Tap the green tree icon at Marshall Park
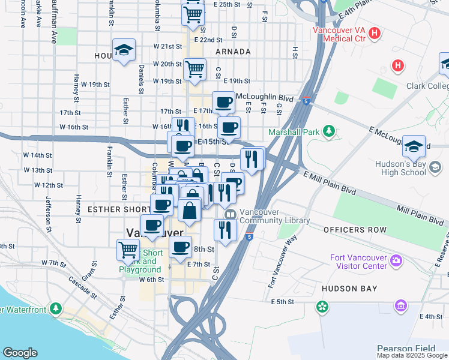tap(328, 131)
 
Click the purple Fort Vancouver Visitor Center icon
tap(395, 260)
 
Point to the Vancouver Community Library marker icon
tap(229, 214)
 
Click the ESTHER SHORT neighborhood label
tap(117, 209)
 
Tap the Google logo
tap(20, 353)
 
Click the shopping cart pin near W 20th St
tap(194, 70)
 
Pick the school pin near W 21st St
tap(124, 50)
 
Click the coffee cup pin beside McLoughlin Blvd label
tap(223, 101)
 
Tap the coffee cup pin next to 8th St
tap(180, 247)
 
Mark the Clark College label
tap(427, 86)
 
